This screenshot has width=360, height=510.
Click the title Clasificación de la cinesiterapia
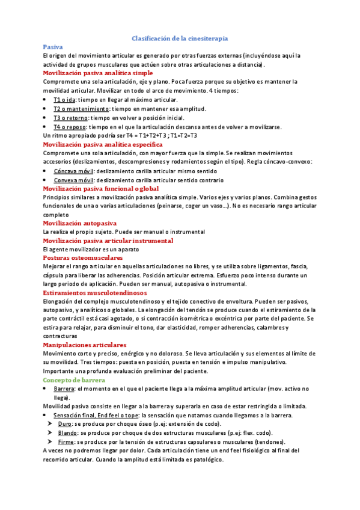180,38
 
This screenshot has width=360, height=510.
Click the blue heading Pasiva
53,46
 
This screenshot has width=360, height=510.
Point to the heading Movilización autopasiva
82,223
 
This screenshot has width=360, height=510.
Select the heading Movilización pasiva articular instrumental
108,241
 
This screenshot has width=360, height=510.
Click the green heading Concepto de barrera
74,380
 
